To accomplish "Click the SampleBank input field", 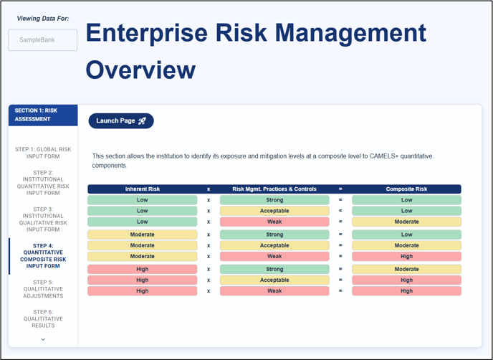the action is click(42, 40).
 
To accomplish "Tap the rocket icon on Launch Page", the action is click(142, 121).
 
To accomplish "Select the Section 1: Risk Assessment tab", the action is click(43, 115).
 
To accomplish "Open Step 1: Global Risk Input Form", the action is click(43, 153).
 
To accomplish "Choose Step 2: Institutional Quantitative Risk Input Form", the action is click(43, 183).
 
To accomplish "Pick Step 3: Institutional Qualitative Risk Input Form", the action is click(43, 219).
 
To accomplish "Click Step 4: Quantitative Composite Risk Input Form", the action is click(43, 256).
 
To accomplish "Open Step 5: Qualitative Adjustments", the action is click(43, 289).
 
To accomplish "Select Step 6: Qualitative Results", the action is click(43, 318).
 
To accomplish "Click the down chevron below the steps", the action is click(43, 339).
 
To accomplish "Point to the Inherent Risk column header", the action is click(143, 189).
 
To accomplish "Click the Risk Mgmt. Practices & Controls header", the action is click(274, 189).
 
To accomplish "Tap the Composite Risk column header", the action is click(406, 189).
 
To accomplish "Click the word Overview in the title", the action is click(140, 70).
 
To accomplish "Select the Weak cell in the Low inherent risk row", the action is click(274, 222).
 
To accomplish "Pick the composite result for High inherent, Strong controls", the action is click(406, 269).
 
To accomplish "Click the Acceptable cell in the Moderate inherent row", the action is click(274, 245).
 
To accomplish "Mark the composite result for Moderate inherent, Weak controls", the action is click(406, 257).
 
